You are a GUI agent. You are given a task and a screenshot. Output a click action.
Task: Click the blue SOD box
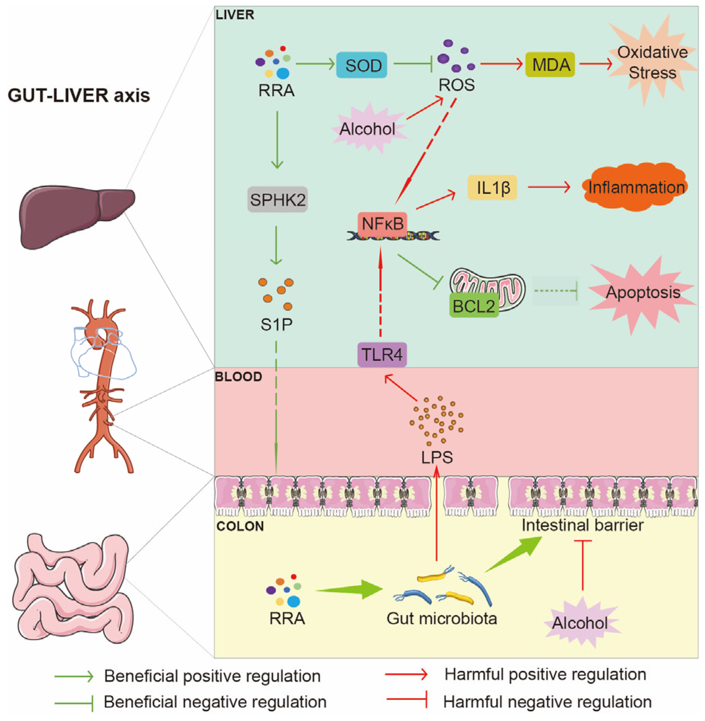(361, 65)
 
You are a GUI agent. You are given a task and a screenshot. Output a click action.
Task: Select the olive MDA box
(550, 65)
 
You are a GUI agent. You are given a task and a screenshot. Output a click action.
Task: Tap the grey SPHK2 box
(277, 199)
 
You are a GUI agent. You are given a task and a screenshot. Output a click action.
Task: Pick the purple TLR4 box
(382, 355)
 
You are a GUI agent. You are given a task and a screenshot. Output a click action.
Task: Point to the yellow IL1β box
(492, 187)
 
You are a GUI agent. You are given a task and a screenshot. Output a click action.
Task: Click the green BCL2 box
(474, 305)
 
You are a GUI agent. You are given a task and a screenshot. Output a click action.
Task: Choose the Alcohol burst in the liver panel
(367, 129)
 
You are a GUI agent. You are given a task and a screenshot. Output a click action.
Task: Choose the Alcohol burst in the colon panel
(580, 623)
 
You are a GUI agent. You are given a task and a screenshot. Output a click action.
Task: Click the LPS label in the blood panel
(437, 457)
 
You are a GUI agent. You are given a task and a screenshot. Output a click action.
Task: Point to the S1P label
(276, 325)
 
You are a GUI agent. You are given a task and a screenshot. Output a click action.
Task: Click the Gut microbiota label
(441, 618)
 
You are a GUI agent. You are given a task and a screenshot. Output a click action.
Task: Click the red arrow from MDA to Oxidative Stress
(595, 64)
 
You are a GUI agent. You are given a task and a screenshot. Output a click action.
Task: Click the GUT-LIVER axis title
(79, 96)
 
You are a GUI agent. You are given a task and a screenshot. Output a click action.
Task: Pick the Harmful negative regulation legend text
(547, 702)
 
